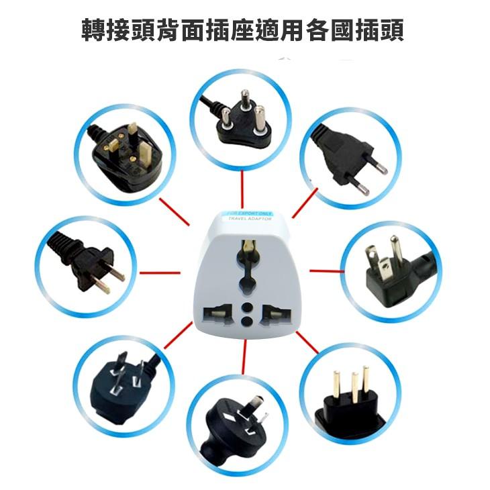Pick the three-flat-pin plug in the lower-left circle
(x=122, y=379)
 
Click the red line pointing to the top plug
(x=242, y=189)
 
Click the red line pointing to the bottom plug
(x=245, y=356)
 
